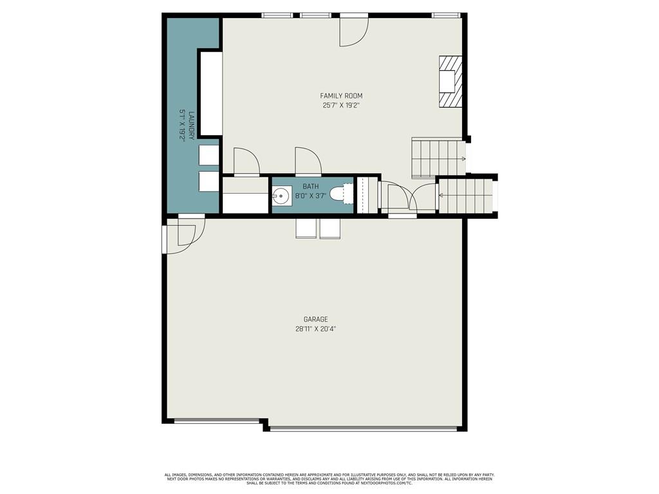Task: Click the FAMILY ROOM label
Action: click(x=341, y=96)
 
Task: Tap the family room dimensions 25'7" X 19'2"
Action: click(x=341, y=105)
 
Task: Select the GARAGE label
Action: click(x=315, y=319)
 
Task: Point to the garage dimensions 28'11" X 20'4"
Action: click(x=315, y=329)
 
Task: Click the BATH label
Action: click(x=311, y=186)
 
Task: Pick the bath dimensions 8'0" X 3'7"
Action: click(x=311, y=196)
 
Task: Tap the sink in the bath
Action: click(x=281, y=196)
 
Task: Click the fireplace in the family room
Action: click(x=450, y=81)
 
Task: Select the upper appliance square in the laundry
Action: click(x=209, y=155)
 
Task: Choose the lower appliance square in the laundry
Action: click(x=209, y=181)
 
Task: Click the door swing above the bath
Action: click(x=308, y=161)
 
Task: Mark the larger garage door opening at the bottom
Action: click(x=364, y=429)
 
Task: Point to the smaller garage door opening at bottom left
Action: click(x=216, y=421)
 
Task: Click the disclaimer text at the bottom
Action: click(x=329, y=479)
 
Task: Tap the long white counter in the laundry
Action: click(x=210, y=94)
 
